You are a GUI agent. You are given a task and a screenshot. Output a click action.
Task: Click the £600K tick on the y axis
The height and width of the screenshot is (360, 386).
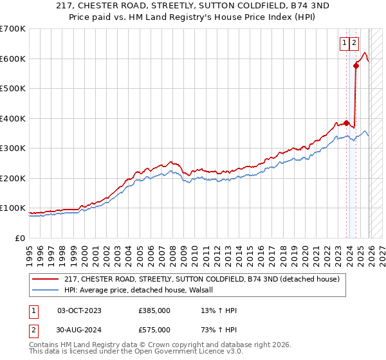tap(13, 59)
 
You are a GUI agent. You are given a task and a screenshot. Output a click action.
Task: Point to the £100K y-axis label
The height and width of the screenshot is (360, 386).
tap(13, 208)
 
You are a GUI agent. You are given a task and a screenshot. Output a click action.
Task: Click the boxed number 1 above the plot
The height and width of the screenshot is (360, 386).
tap(345, 43)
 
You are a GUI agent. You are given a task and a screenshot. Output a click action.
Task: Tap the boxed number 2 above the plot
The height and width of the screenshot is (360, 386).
tap(354, 43)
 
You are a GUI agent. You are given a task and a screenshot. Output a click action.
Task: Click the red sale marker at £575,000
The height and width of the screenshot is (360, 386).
tap(356, 66)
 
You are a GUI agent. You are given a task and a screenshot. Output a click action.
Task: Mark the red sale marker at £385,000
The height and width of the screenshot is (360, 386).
tap(346, 123)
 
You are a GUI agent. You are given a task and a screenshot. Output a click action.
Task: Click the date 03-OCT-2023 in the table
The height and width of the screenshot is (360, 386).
tap(79, 310)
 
